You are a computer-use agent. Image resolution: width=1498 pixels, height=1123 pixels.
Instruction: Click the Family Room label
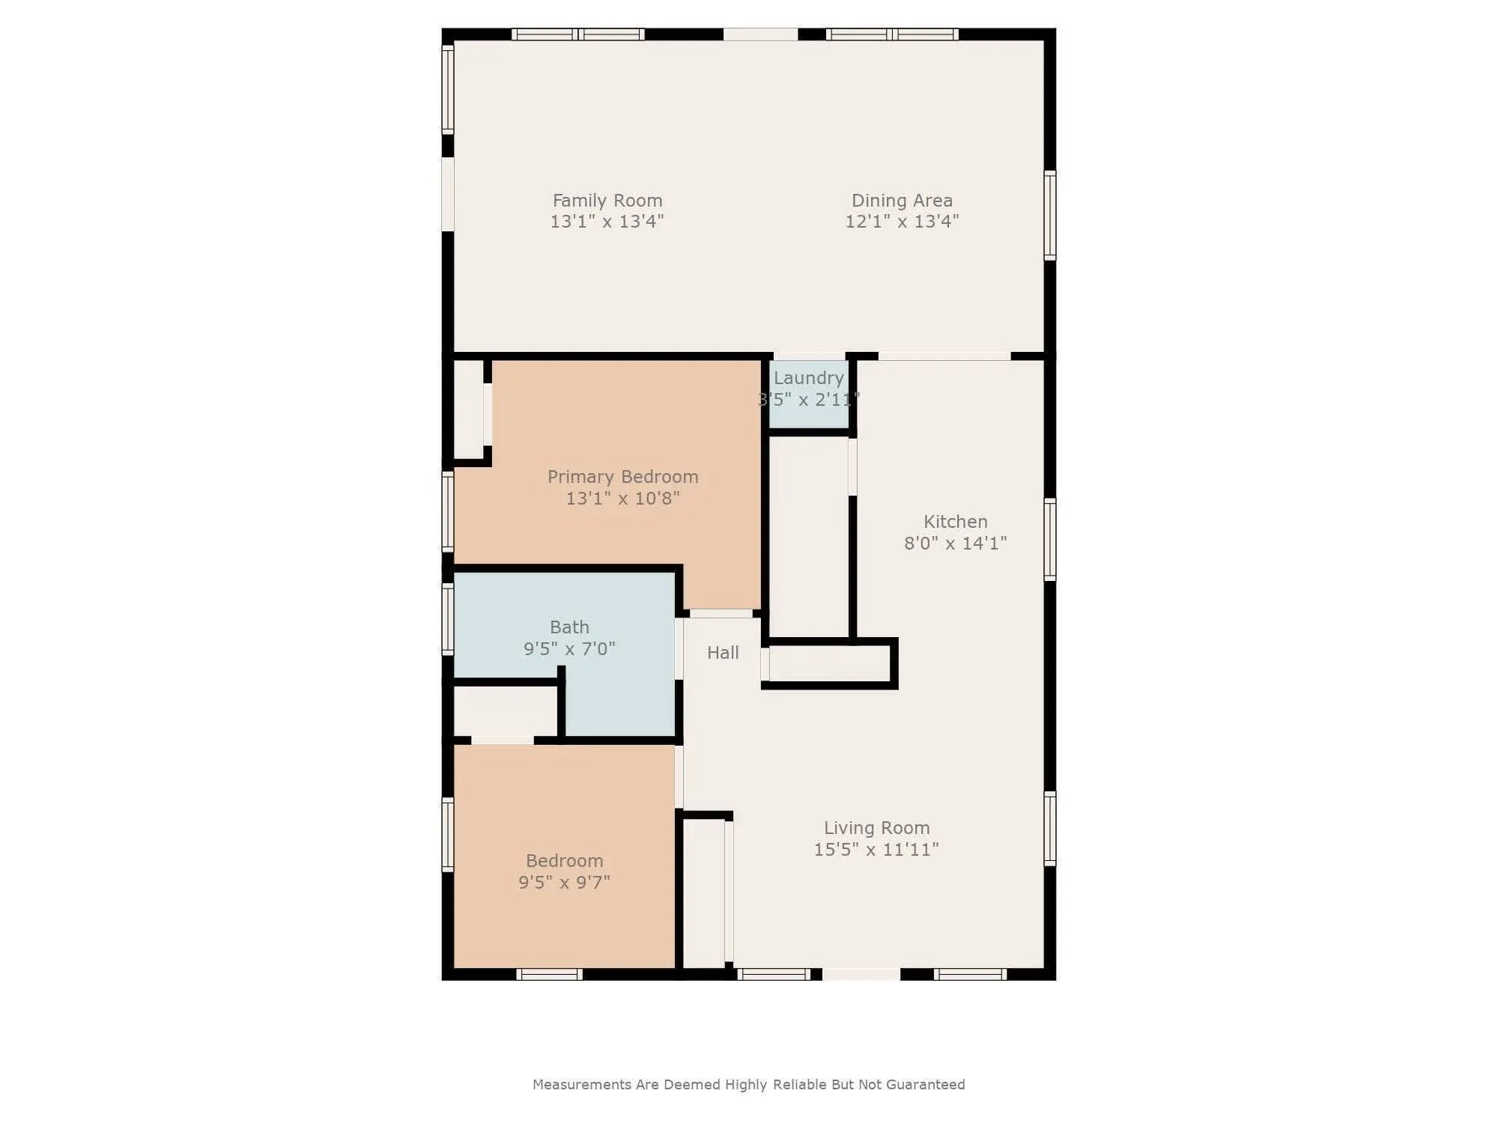point(607,201)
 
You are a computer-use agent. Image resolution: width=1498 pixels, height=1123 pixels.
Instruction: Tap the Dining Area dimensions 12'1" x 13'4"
point(902,222)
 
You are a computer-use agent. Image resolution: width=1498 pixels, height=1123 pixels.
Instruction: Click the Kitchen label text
point(955,522)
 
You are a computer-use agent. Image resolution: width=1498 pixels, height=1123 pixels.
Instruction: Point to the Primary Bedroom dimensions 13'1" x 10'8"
point(622,499)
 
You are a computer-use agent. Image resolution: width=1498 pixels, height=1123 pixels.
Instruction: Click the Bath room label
point(569,627)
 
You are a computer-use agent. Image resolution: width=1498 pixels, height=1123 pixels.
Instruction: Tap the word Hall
point(723,653)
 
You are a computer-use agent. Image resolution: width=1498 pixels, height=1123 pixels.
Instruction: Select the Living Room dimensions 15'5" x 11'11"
point(876,850)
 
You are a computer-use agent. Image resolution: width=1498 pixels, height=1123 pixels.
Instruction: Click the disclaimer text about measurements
point(748,1085)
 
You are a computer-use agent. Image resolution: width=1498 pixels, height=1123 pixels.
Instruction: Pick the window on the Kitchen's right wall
point(1050,539)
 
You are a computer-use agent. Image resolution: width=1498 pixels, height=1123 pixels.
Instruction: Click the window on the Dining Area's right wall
point(1050,216)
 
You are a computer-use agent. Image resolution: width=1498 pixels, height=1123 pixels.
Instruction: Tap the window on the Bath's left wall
point(448,619)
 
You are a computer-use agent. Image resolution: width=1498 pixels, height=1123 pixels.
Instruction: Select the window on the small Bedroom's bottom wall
point(549,974)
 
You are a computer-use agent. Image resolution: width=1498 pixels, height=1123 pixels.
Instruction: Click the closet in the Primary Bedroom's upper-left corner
point(470,410)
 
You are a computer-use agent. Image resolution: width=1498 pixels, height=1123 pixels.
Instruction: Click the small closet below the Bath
point(506,711)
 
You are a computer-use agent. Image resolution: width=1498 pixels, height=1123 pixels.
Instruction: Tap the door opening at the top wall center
point(760,34)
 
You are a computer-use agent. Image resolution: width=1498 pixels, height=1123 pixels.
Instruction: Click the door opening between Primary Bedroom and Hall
point(721,614)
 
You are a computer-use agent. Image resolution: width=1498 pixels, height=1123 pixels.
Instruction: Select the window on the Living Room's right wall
point(1050,828)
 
